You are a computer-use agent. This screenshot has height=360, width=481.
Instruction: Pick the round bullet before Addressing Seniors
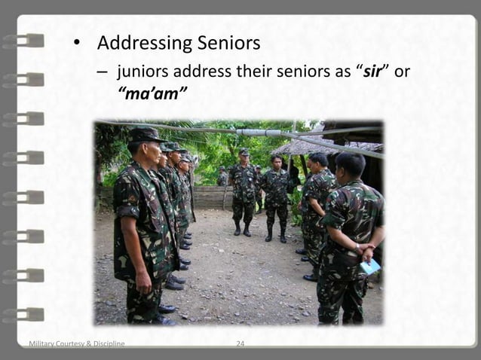pos(76,44)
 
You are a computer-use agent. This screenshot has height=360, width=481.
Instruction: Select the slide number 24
pos(240,344)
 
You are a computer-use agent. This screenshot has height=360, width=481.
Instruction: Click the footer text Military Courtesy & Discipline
pos(76,344)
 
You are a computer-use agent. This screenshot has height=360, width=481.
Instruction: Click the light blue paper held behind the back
pos(370,266)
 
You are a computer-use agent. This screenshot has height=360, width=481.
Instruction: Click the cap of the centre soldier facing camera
pos(244,152)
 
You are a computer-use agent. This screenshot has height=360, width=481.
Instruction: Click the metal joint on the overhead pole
pos(252,132)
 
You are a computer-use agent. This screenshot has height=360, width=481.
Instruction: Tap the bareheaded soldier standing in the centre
pos(276,196)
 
